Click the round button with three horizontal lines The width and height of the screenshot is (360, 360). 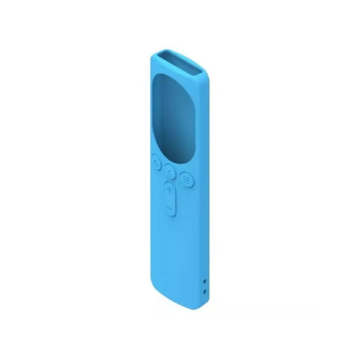186,177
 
